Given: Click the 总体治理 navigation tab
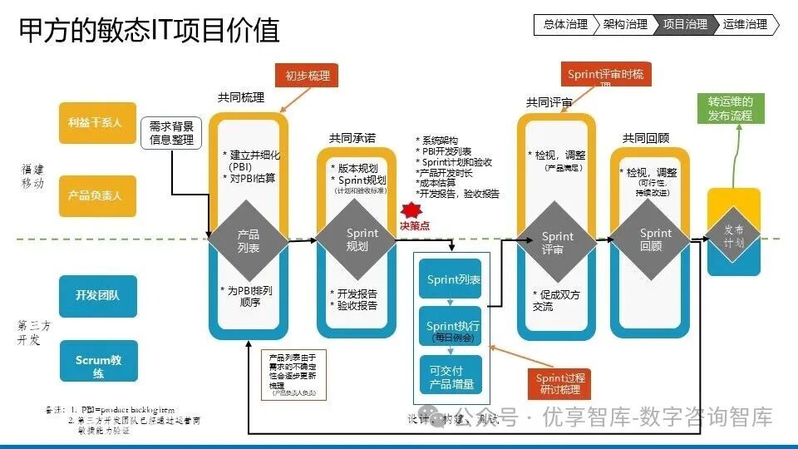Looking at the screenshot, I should point(564,25).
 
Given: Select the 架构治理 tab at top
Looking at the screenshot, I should point(625,25).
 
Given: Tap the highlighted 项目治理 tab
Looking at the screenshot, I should point(686,25).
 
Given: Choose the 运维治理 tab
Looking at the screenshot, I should point(746,25).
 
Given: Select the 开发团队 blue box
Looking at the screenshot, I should point(97,295).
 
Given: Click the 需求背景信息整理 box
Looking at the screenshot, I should point(172,133).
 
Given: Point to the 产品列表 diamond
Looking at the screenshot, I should point(249,241).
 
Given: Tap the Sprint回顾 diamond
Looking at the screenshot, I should point(656,240).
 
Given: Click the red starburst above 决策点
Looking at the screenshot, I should point(408,209).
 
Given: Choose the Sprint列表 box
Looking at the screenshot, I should point(454,280).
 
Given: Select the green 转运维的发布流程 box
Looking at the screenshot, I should point(731,110).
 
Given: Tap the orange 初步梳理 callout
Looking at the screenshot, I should point(307,76).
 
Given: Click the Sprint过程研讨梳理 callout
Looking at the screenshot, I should point(559,383).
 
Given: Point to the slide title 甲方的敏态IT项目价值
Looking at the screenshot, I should point(150,30).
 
